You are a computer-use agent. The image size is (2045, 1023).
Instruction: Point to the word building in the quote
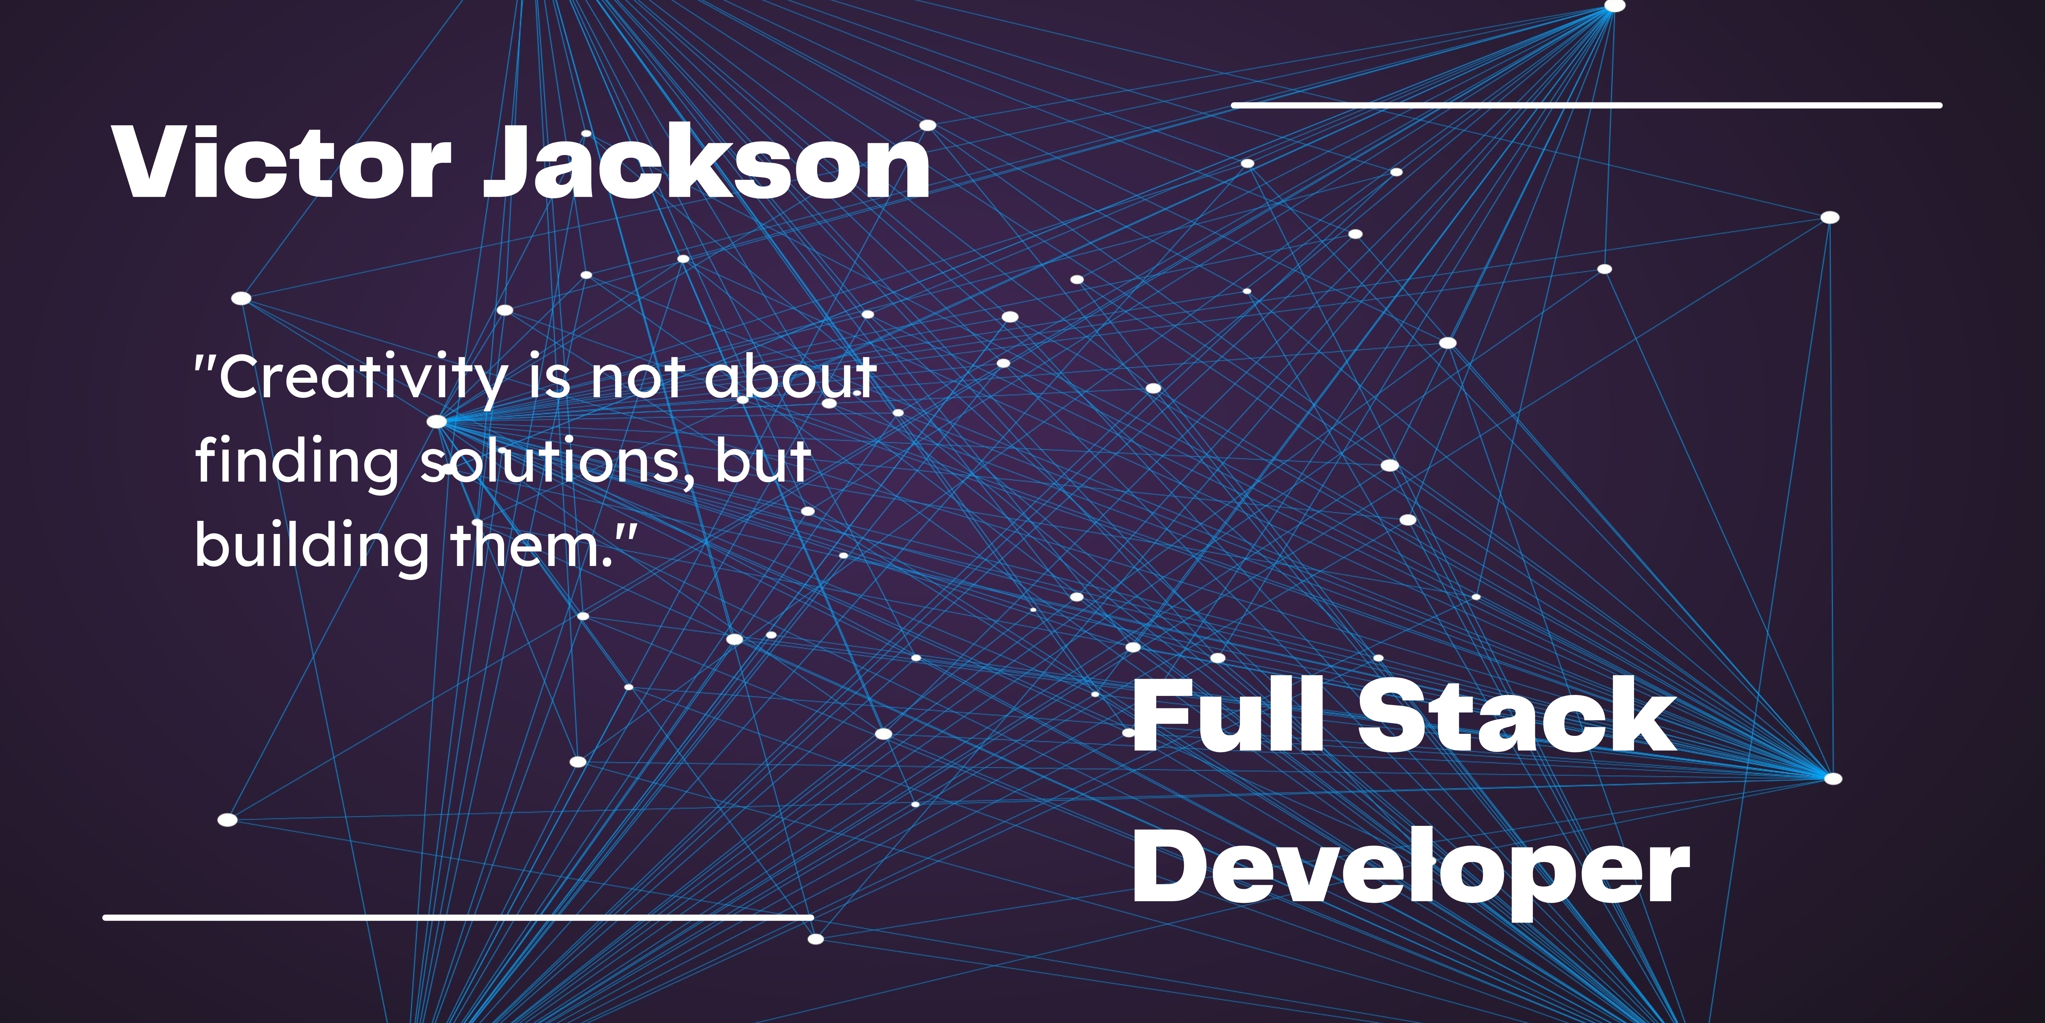click(x=311, y=546)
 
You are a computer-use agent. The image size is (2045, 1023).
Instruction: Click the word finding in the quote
click(x=298, y=463)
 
